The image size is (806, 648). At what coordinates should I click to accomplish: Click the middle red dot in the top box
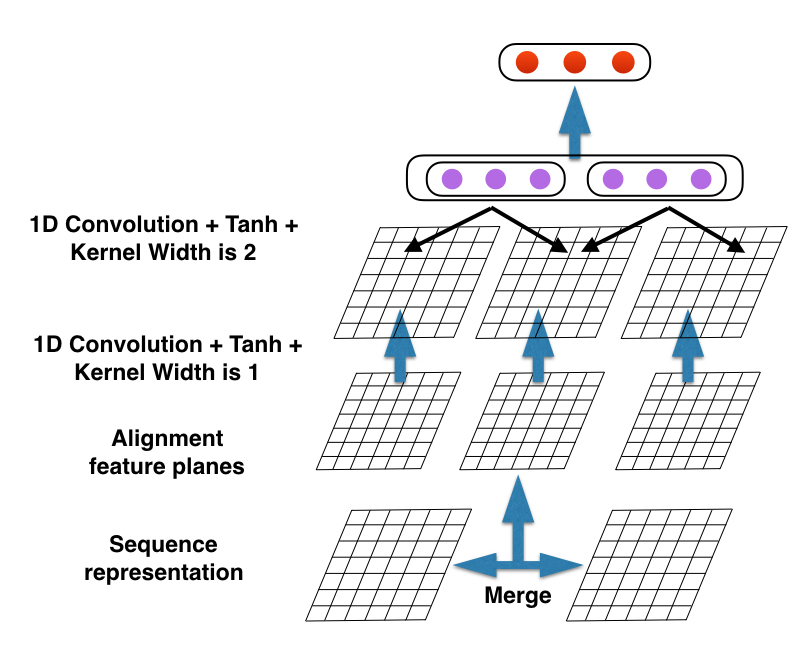click(575, 62)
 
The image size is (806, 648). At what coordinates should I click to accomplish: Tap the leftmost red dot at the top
click(527, 62)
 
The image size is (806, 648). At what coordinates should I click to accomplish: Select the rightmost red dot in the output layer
click(623, 62)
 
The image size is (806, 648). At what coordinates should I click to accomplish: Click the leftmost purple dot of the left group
click(452, 179)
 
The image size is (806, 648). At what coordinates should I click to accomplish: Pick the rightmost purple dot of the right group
click(701, 179)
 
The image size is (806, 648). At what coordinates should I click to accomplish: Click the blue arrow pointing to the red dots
click(575, 122)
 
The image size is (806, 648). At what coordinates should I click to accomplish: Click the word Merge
click(518, 596)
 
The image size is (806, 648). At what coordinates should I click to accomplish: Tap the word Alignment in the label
click(167, 439)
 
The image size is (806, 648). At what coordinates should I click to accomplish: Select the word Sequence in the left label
click(163, 545)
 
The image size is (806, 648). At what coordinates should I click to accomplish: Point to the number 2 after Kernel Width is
click(249, 252)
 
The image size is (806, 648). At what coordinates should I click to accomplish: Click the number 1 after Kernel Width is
click(252, 372)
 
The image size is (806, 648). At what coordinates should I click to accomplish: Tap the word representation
click(163, 572)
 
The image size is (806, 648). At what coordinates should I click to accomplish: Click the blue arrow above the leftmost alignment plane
click(399, 345)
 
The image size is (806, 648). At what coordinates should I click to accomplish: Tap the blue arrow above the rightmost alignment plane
click(688, 345)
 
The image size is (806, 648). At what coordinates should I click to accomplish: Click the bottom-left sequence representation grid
click(388, 565)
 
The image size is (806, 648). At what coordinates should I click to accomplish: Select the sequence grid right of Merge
click(649, 565)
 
